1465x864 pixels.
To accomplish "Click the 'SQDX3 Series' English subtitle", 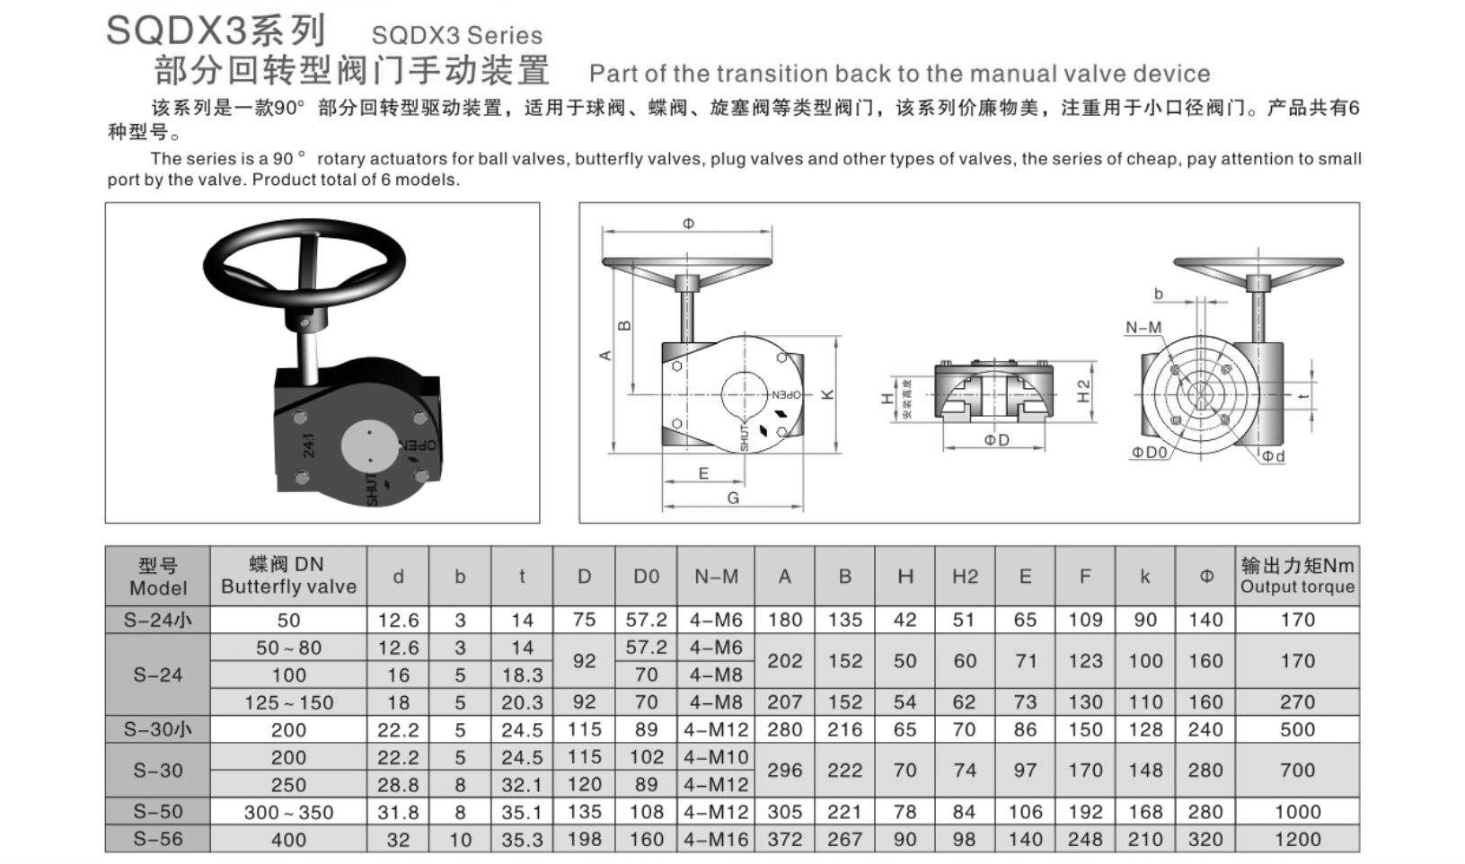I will [x=456, y=36].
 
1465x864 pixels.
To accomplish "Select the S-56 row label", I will [x=157, y=839].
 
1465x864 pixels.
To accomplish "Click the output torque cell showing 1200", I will [x=1297, y=840].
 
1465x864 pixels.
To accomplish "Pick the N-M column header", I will [x=716, y=577].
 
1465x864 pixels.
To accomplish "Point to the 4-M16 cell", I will [x=716, y=840].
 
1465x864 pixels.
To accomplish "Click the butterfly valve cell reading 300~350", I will [x=288, y=812].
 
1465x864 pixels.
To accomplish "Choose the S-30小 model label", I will [x=157, y=729].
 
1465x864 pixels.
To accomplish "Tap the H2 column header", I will [x=965, y=577].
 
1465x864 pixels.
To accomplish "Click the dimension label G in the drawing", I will [x=733, y=498].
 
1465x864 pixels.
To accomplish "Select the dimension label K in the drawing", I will [x=828, y=394].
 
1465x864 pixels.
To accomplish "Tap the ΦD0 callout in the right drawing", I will [x=1149, y=453].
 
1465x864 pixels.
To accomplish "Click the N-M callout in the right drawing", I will [x=1143, y=328].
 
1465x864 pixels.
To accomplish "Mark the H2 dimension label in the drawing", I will [x=1083, y=391].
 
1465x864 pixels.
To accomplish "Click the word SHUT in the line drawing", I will [x=745, y=437].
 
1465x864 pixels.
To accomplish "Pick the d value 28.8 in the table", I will [x=398, y=785].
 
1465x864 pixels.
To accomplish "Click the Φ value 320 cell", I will [x=1205, y=840].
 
